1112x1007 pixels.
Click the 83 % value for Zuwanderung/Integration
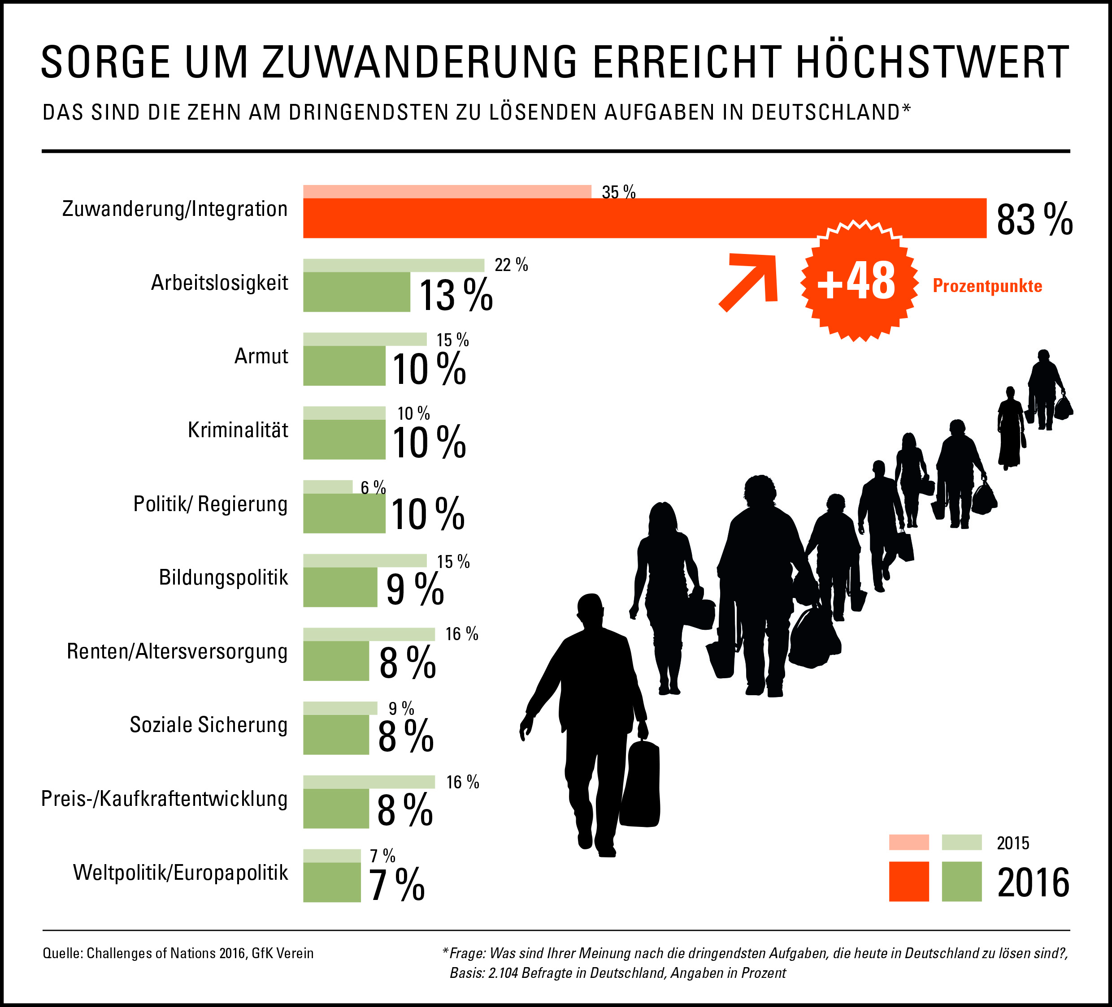[1034, 219]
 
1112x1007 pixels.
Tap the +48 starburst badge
[857, 281]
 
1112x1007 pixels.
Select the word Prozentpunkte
[987, 286]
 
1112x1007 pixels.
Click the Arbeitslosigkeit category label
[220, 283]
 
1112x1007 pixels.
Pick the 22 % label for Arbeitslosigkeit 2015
[511, 265]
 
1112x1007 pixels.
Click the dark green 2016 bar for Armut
[344, 366]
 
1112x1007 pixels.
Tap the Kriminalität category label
[238, 430]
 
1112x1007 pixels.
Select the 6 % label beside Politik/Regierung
[373, 487]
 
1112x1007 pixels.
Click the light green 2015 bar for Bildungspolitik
[365, 560]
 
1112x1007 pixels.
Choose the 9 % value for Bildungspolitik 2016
[415, 589]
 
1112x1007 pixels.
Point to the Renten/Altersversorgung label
[177, 651]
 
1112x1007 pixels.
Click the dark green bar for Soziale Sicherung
[336, 734]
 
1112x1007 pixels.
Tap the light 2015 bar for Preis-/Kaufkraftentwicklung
[369, 782]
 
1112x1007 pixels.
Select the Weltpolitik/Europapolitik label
[180, 873]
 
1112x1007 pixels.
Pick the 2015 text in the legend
[1013, 843]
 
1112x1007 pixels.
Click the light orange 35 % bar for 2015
[447, 191]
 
